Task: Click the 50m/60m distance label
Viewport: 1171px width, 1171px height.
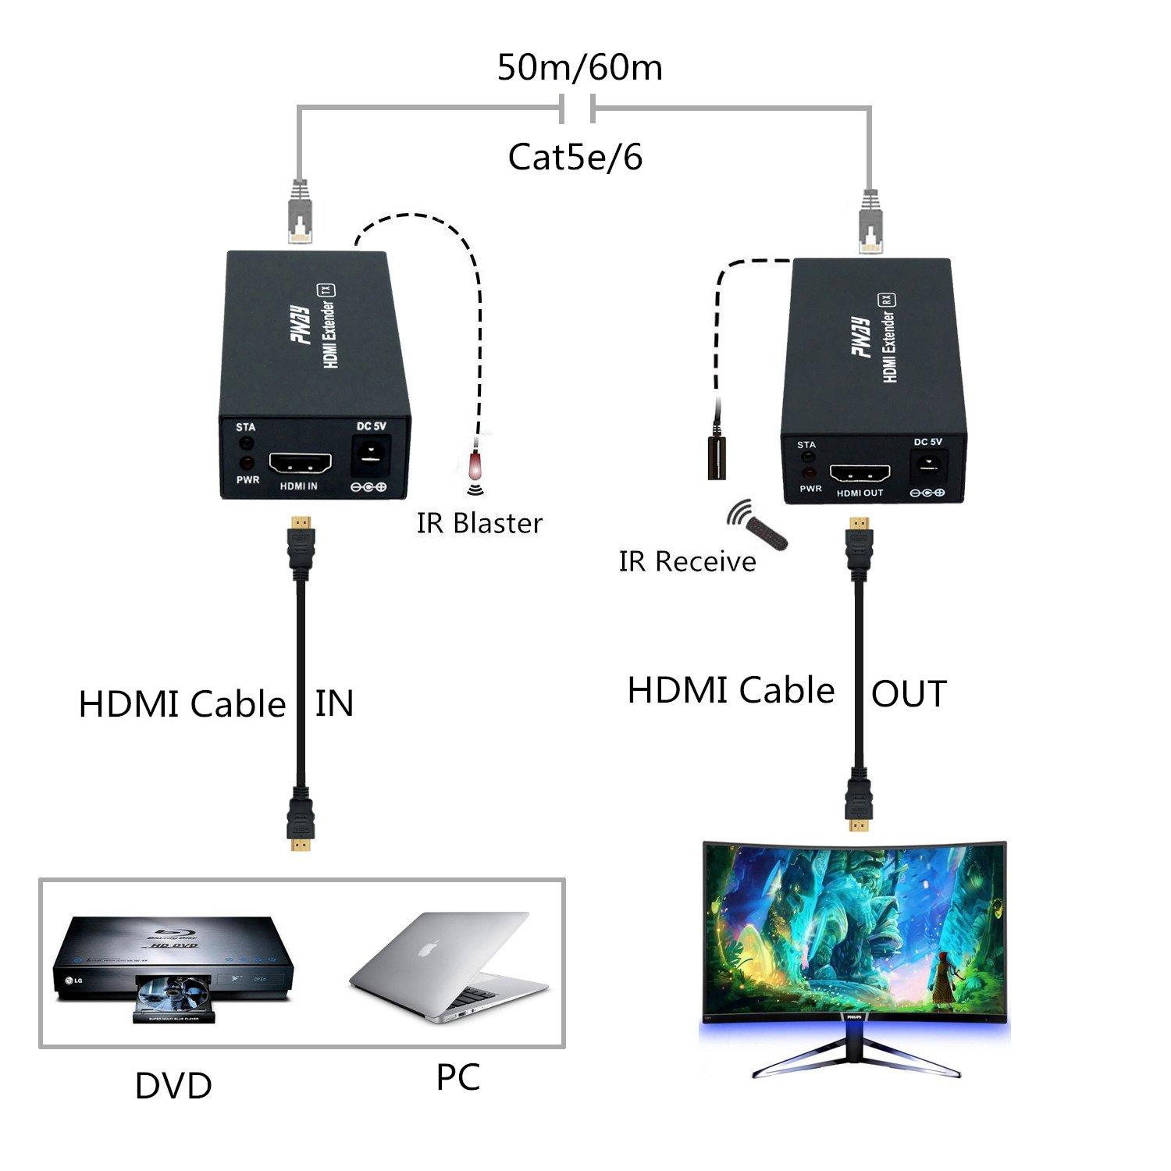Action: point(579,67)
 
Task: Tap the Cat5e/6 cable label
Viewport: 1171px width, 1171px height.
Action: point(575,157)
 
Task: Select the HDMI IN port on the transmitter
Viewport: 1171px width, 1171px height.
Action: point(300,463)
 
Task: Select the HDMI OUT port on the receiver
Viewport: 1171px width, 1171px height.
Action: point(860,474)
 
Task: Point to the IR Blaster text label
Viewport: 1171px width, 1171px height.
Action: point(479,523)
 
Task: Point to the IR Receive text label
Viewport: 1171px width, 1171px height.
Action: point(687,561)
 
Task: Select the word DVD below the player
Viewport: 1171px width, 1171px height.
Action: point(173,1086)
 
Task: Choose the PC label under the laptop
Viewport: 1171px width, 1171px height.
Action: point(457,1077)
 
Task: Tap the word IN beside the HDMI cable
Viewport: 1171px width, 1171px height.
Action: point(334,703)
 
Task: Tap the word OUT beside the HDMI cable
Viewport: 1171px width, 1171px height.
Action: point(909,694)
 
